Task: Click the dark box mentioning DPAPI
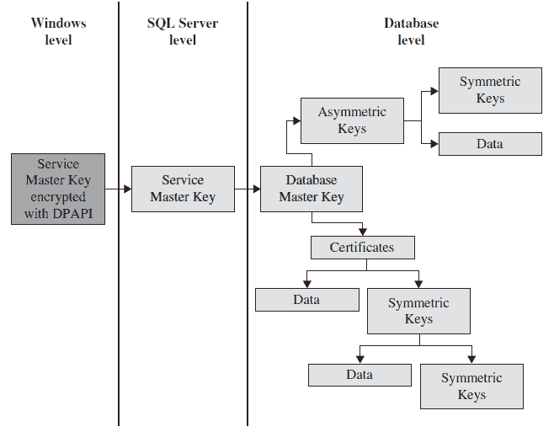pyautogui.click(x=58, y=189)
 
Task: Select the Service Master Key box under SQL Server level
pyautogui.click(x=182, y=189)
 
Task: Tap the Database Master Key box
pyautogui.click(x=311, y=189)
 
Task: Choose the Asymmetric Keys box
pyautogui.click(x=352, y=120)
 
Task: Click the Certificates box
pyautogui.click(x=362, y=248)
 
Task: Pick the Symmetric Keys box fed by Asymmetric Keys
pyautogui.click(x=490, y=90)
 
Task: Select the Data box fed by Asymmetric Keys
pyautogui.click(x=490, y=144)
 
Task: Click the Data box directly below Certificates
pyautogui.click(x=306, y=300)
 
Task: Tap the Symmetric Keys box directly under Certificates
pyautogui.click(x=418, y=311)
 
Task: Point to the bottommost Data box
pyautogui.click(x=360, y=375)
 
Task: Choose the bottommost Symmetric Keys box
pyautogui.click(x=471, y=387)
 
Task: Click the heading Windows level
pyautogui.click(x=58, y=31)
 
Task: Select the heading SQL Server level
pyautogui.click(x=182, y=31)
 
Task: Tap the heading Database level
pyautogui.click(x=411, y=31)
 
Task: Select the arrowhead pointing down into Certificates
pyautogui.click(x=362, y=231)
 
